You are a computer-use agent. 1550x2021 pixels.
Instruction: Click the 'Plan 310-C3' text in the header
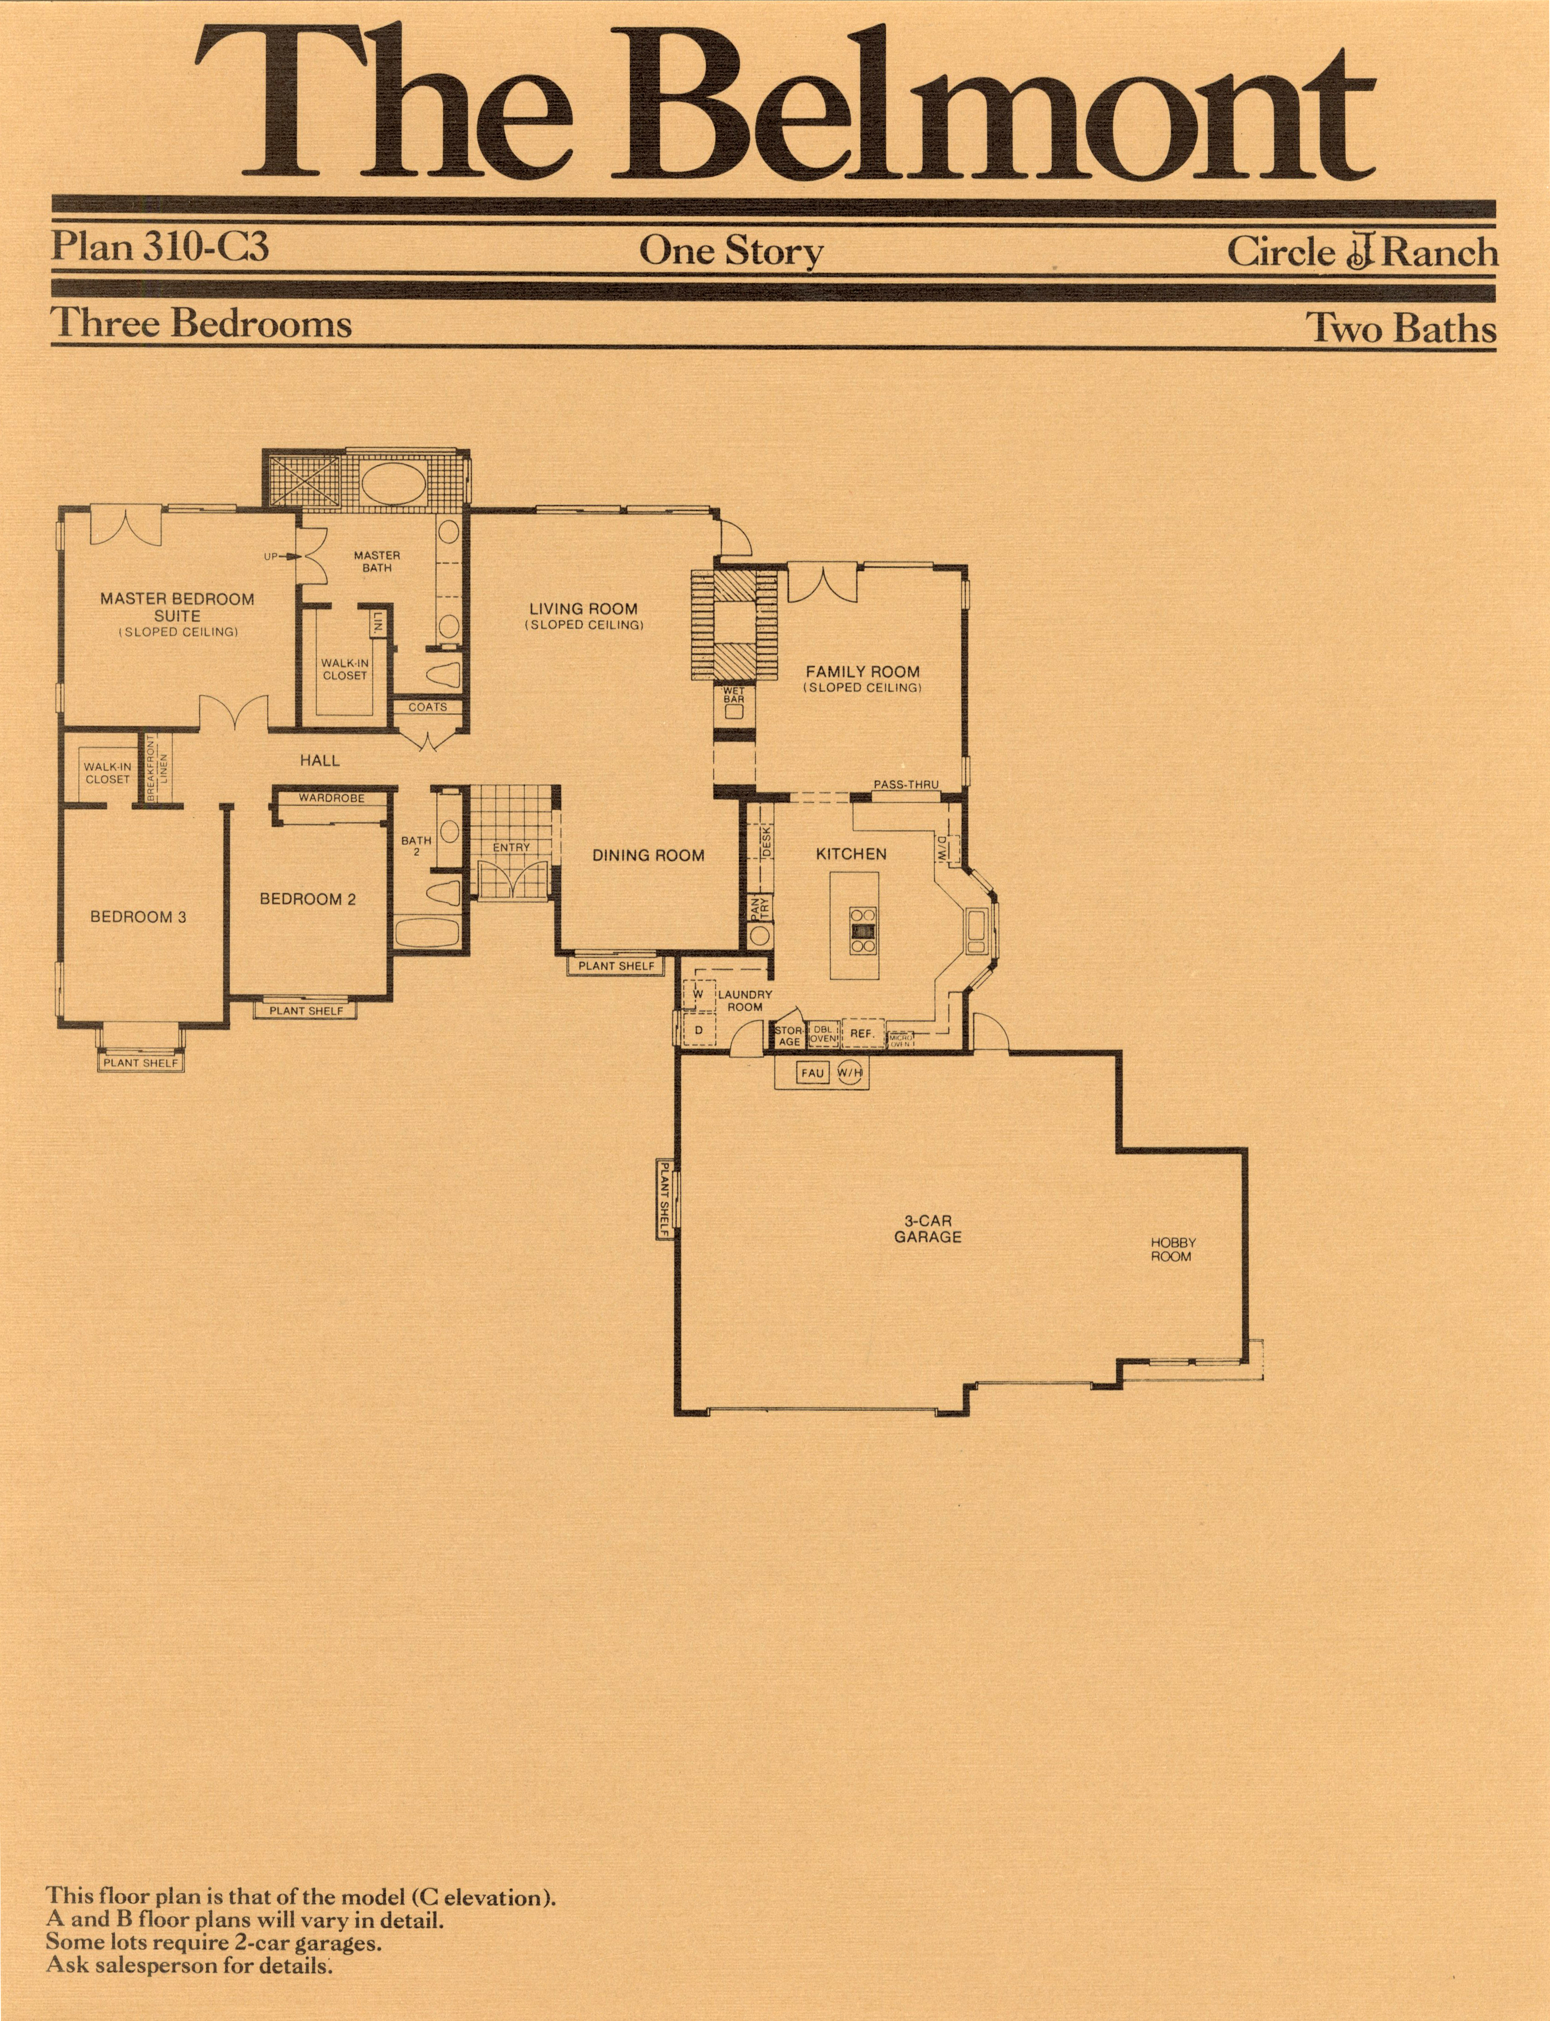coord(160,247)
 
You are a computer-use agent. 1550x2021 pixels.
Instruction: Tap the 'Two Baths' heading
coord(1401,328)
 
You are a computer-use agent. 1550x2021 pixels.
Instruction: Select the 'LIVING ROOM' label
coord(583,609)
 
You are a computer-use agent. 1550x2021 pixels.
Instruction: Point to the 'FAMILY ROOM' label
coord(863,672)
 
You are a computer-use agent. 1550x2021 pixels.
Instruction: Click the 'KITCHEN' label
coord(851,854)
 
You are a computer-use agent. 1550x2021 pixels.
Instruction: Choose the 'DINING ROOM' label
coord(648,856)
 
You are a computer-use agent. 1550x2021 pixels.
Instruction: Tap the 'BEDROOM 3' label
coord(138,917)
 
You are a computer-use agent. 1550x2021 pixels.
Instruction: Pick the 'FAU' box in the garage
coord(812,1074)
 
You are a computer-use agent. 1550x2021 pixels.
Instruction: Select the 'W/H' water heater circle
coord(850,1074)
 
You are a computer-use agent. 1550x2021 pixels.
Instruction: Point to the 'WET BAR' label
coord(733,695)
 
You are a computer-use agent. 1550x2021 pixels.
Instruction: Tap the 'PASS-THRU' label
coord(906,785)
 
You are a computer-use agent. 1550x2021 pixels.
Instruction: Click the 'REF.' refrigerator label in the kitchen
coord(862,1034)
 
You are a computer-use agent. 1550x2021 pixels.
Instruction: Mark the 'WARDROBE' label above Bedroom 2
coord(331,798)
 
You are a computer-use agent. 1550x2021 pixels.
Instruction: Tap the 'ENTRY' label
coord(511,847)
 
